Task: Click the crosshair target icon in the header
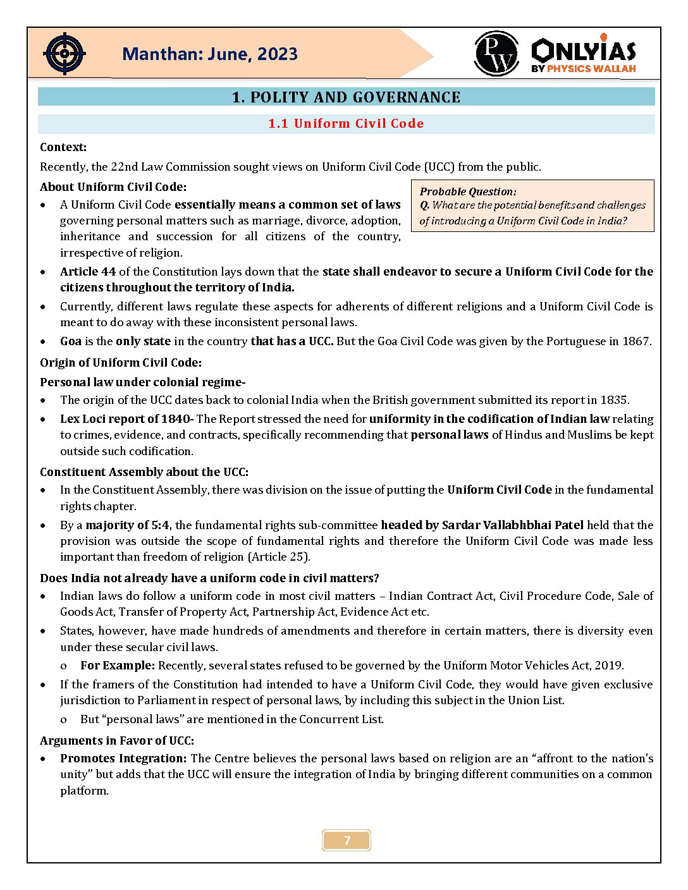(x=64, y=54)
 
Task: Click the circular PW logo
(x=496, y=54)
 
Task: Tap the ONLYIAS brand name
(x=584, y=50)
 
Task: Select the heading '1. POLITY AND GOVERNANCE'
(x=346, y=97)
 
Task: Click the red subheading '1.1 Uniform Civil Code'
(x=346, y=124)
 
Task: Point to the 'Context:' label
(x=63, y=147)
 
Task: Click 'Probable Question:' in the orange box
(x=468, y=192)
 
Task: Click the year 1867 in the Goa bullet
(x=636, y=341)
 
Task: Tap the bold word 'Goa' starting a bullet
(x=71, y=341)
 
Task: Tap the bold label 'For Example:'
(x=118, y=666)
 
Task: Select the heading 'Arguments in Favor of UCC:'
(x=117, y=741)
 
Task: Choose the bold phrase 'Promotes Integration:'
(x=123, y=759)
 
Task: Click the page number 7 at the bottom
(x=347, y=841)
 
